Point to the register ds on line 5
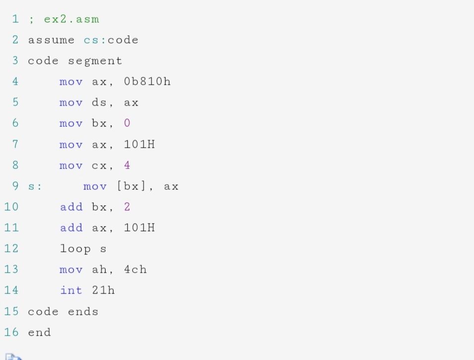click(x=99, y=103)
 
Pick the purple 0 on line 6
click(x=127, y=123)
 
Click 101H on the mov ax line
click(x=139, y=144)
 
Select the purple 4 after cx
click(x=127, y=165)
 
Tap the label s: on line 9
click(x=35, y=186)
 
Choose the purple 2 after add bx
click(x=127, y=207)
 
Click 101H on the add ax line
click(x=139, y=228)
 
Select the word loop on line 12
click(x=75, y=248)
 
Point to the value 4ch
click(x=135, y=270)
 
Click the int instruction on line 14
click(x=71, y=291)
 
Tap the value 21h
click(x=103, y=291)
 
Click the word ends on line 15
click(x=83, y=311)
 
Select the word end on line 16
click(x=39, y=332)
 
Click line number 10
click(x=11, y=207)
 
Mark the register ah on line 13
click(x=99, y=270)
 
